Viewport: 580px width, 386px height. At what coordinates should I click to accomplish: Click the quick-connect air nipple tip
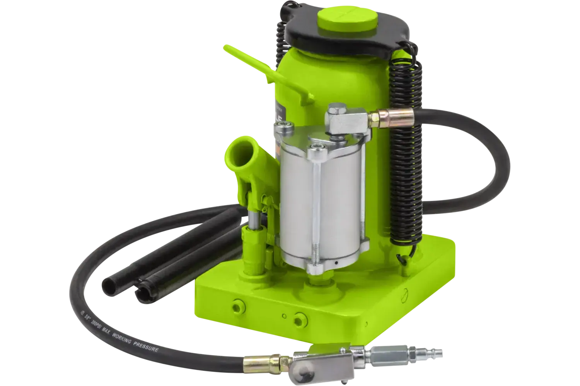click(x=439, y=353)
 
